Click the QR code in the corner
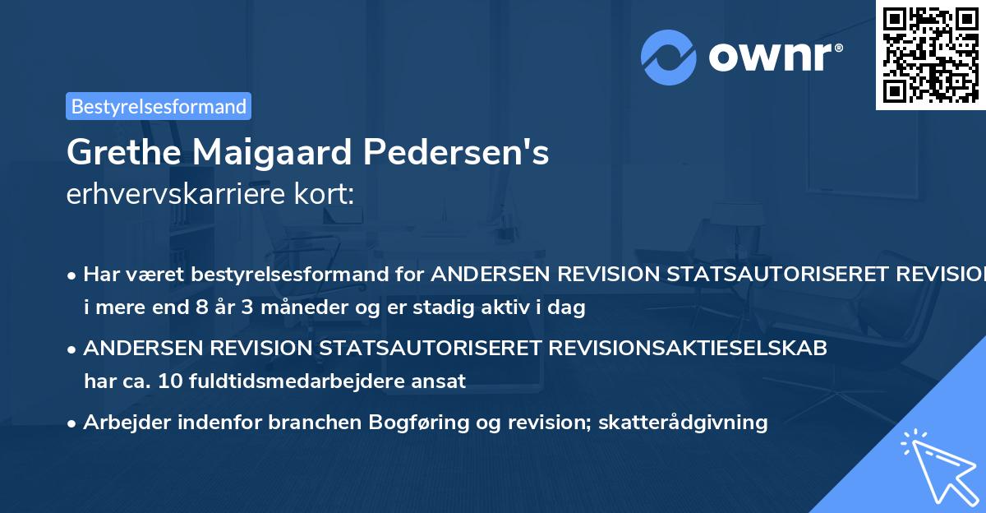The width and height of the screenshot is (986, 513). (930, 55)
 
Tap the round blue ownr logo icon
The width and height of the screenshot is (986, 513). (669, 58)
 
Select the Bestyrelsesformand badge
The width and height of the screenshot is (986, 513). (159, 106)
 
